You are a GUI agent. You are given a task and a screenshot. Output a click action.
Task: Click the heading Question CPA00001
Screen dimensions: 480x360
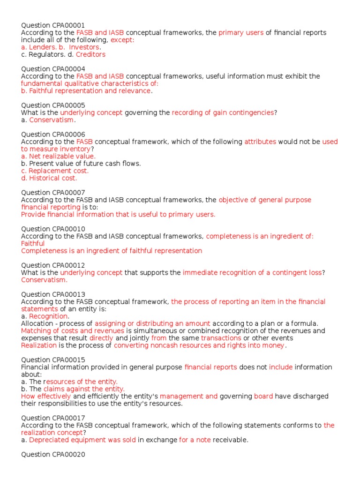(52, 25)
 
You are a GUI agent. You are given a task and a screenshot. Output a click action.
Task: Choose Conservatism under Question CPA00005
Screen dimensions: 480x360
(45, 120)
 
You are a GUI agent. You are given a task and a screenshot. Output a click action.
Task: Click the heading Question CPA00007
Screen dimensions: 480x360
(52, 193)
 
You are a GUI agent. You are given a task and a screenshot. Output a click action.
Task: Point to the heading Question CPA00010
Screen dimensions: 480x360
(52, 229)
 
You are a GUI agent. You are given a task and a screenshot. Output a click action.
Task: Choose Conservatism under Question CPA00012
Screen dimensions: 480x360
(44, 280)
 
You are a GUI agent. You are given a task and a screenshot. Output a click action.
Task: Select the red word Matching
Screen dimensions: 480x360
(36, 331)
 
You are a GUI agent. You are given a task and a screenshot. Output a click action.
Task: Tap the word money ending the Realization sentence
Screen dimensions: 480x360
(273, 345)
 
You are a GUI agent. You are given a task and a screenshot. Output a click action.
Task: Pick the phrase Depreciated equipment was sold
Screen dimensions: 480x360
(82, 440)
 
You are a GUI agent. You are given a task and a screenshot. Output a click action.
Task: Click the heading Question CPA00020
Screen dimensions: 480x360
(52, 454)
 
